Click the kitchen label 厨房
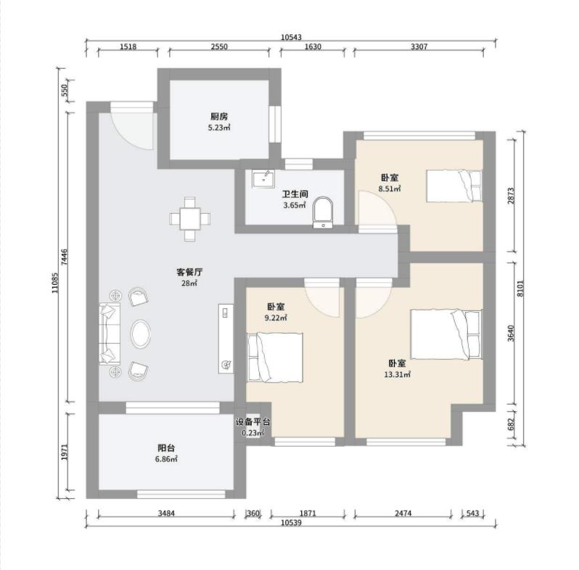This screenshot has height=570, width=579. pyautogui.click(x=219, y=117)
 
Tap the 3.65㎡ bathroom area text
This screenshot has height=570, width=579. pyautogui.click(x=295, y=206)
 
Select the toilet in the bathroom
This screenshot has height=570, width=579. pyautogui.click(x=323, y=213)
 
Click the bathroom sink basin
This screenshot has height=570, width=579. pyautogui.click(x=263, y=179)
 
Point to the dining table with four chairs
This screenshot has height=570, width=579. pyautogui.click(x=190, y=219)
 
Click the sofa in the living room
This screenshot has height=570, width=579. pyautogui.click(x=110, y=334)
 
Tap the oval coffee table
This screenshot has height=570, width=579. pyautogui.click(x=140, y=334)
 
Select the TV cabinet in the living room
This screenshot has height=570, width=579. pyautogui.click(x=226, y=339)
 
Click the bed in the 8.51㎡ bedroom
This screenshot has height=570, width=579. pyautogui.click(x=454, y=186)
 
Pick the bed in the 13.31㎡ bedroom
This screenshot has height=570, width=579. pyautogui.click(x=446, y=334)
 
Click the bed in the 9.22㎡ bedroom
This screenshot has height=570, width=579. pyautogui.click(x=275, y=358)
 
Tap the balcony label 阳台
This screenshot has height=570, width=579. pyautogui.click(x=166, y=448)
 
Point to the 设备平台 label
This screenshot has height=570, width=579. pyautogui.click(x=253, y=421)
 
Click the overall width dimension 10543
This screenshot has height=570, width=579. pyautogui.click(x=291, y=37)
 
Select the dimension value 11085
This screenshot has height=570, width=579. pyautogui.click(x=54, y=283)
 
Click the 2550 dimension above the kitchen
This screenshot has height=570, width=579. pyautogui.click(x=219, y=47)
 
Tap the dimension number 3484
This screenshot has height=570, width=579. pyautogui.click(x=166, y=513)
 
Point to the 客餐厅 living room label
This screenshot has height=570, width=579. pyautogui.click(x=189, y=273)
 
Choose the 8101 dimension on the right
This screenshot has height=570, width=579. pyautogui.click(x=521, y=289)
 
